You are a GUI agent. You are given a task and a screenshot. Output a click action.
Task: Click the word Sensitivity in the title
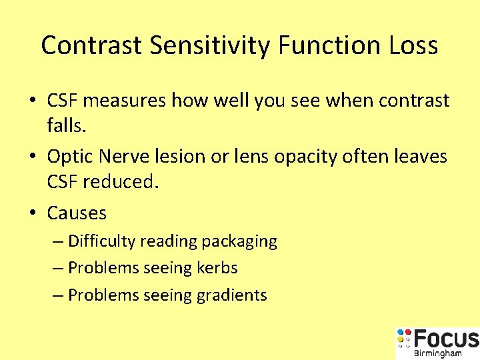(x=210, y=45)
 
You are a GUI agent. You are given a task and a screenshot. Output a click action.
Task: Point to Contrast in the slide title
(x=91, y=45)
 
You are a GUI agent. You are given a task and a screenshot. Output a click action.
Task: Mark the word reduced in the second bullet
(x=121, y=181)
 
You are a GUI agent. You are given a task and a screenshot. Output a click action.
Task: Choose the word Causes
(x=77, y=213)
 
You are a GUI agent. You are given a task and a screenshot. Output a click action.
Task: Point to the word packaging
(x=239, y=241)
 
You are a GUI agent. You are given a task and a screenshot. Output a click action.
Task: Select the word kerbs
(x=217, y=268)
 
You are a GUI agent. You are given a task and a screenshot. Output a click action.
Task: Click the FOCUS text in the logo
(x=445, y=339)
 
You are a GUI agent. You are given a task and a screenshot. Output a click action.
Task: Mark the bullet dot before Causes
(x=33, y=213)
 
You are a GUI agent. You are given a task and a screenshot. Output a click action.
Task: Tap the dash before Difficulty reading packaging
(x=58, y=241)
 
